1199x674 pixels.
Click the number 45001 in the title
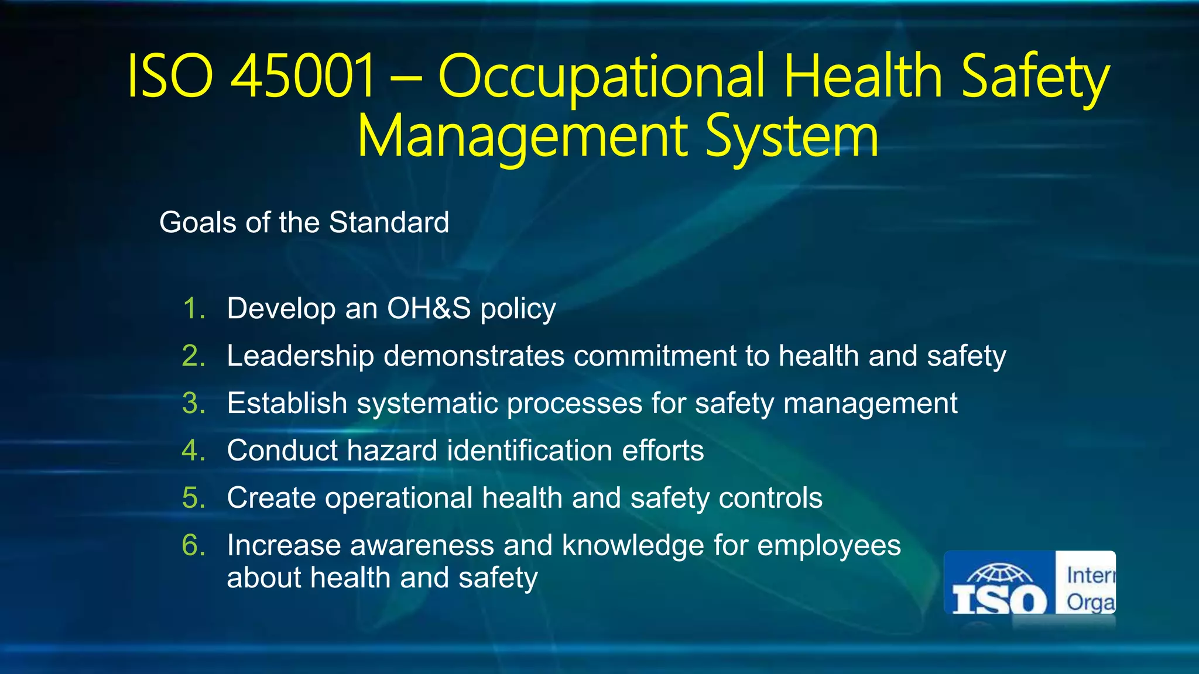303,76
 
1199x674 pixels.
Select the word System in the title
792,137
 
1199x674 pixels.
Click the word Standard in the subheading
389,223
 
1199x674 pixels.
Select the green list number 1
194,308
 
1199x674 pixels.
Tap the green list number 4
194,451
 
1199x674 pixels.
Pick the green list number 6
194,545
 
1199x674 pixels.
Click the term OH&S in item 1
429,308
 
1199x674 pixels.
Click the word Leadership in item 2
300,356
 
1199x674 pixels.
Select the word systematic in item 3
427,404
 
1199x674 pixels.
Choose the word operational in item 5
399,498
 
